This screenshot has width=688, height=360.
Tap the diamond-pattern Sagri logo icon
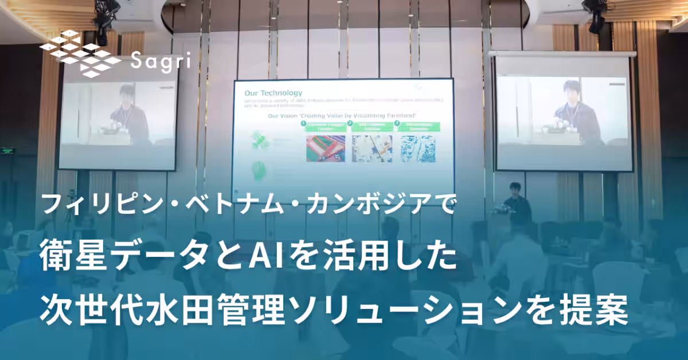80,54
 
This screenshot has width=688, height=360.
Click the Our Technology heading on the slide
273,92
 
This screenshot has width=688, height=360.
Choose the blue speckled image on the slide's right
418,148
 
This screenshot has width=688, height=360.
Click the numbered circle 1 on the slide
304,123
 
